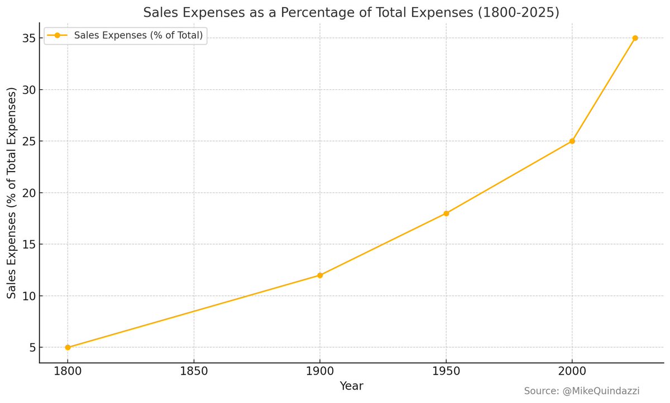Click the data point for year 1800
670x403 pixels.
pos(68,347)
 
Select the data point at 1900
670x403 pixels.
pos(320,275)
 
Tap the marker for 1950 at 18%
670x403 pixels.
pos(446,213)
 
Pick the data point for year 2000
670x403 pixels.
pos(572,141)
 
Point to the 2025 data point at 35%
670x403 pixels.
pos(635,38)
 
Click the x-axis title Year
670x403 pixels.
pos(351,386)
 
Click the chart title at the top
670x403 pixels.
pos(351,12)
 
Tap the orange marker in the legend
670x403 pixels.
pos(57,35)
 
